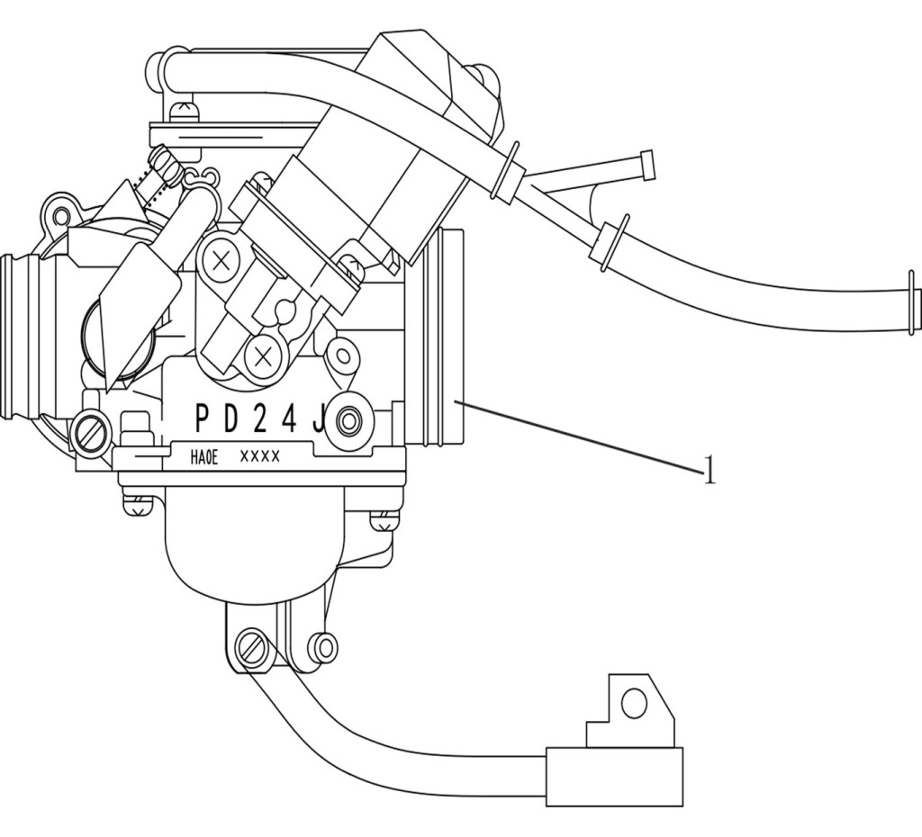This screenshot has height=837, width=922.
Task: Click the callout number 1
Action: pos(710,469)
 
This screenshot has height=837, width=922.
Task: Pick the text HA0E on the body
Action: pos(204,458)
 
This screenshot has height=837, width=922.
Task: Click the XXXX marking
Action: pos(260,456)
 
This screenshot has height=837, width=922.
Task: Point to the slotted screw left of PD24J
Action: pos(91,432)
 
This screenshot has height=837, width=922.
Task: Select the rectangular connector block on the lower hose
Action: pos(615,777)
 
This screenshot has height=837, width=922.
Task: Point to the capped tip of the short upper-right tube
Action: pos(646,166)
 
